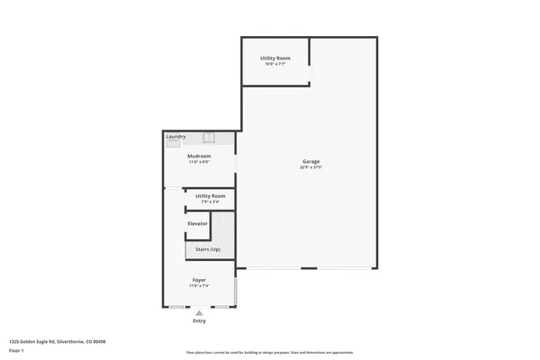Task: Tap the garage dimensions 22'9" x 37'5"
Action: (310, 167)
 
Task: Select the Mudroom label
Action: (199, 157)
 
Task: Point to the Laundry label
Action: (175, 136)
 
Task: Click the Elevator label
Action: (197, 223)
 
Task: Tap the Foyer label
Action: (199, 280)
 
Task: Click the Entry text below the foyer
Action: (199, 321)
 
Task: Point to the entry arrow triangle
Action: (199, 313)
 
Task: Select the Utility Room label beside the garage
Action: (274, 58)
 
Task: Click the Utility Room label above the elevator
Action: (211, 195)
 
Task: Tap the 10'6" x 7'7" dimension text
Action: (274, 64)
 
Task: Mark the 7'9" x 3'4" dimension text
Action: (211, 201)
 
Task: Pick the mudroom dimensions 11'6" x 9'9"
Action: (199, 163)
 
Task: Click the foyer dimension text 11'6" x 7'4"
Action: (199, 286)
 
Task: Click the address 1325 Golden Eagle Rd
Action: (58, 342)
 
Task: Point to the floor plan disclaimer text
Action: (270, 353)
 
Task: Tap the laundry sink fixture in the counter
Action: (209, 138)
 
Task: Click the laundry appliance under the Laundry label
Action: (174, 142)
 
